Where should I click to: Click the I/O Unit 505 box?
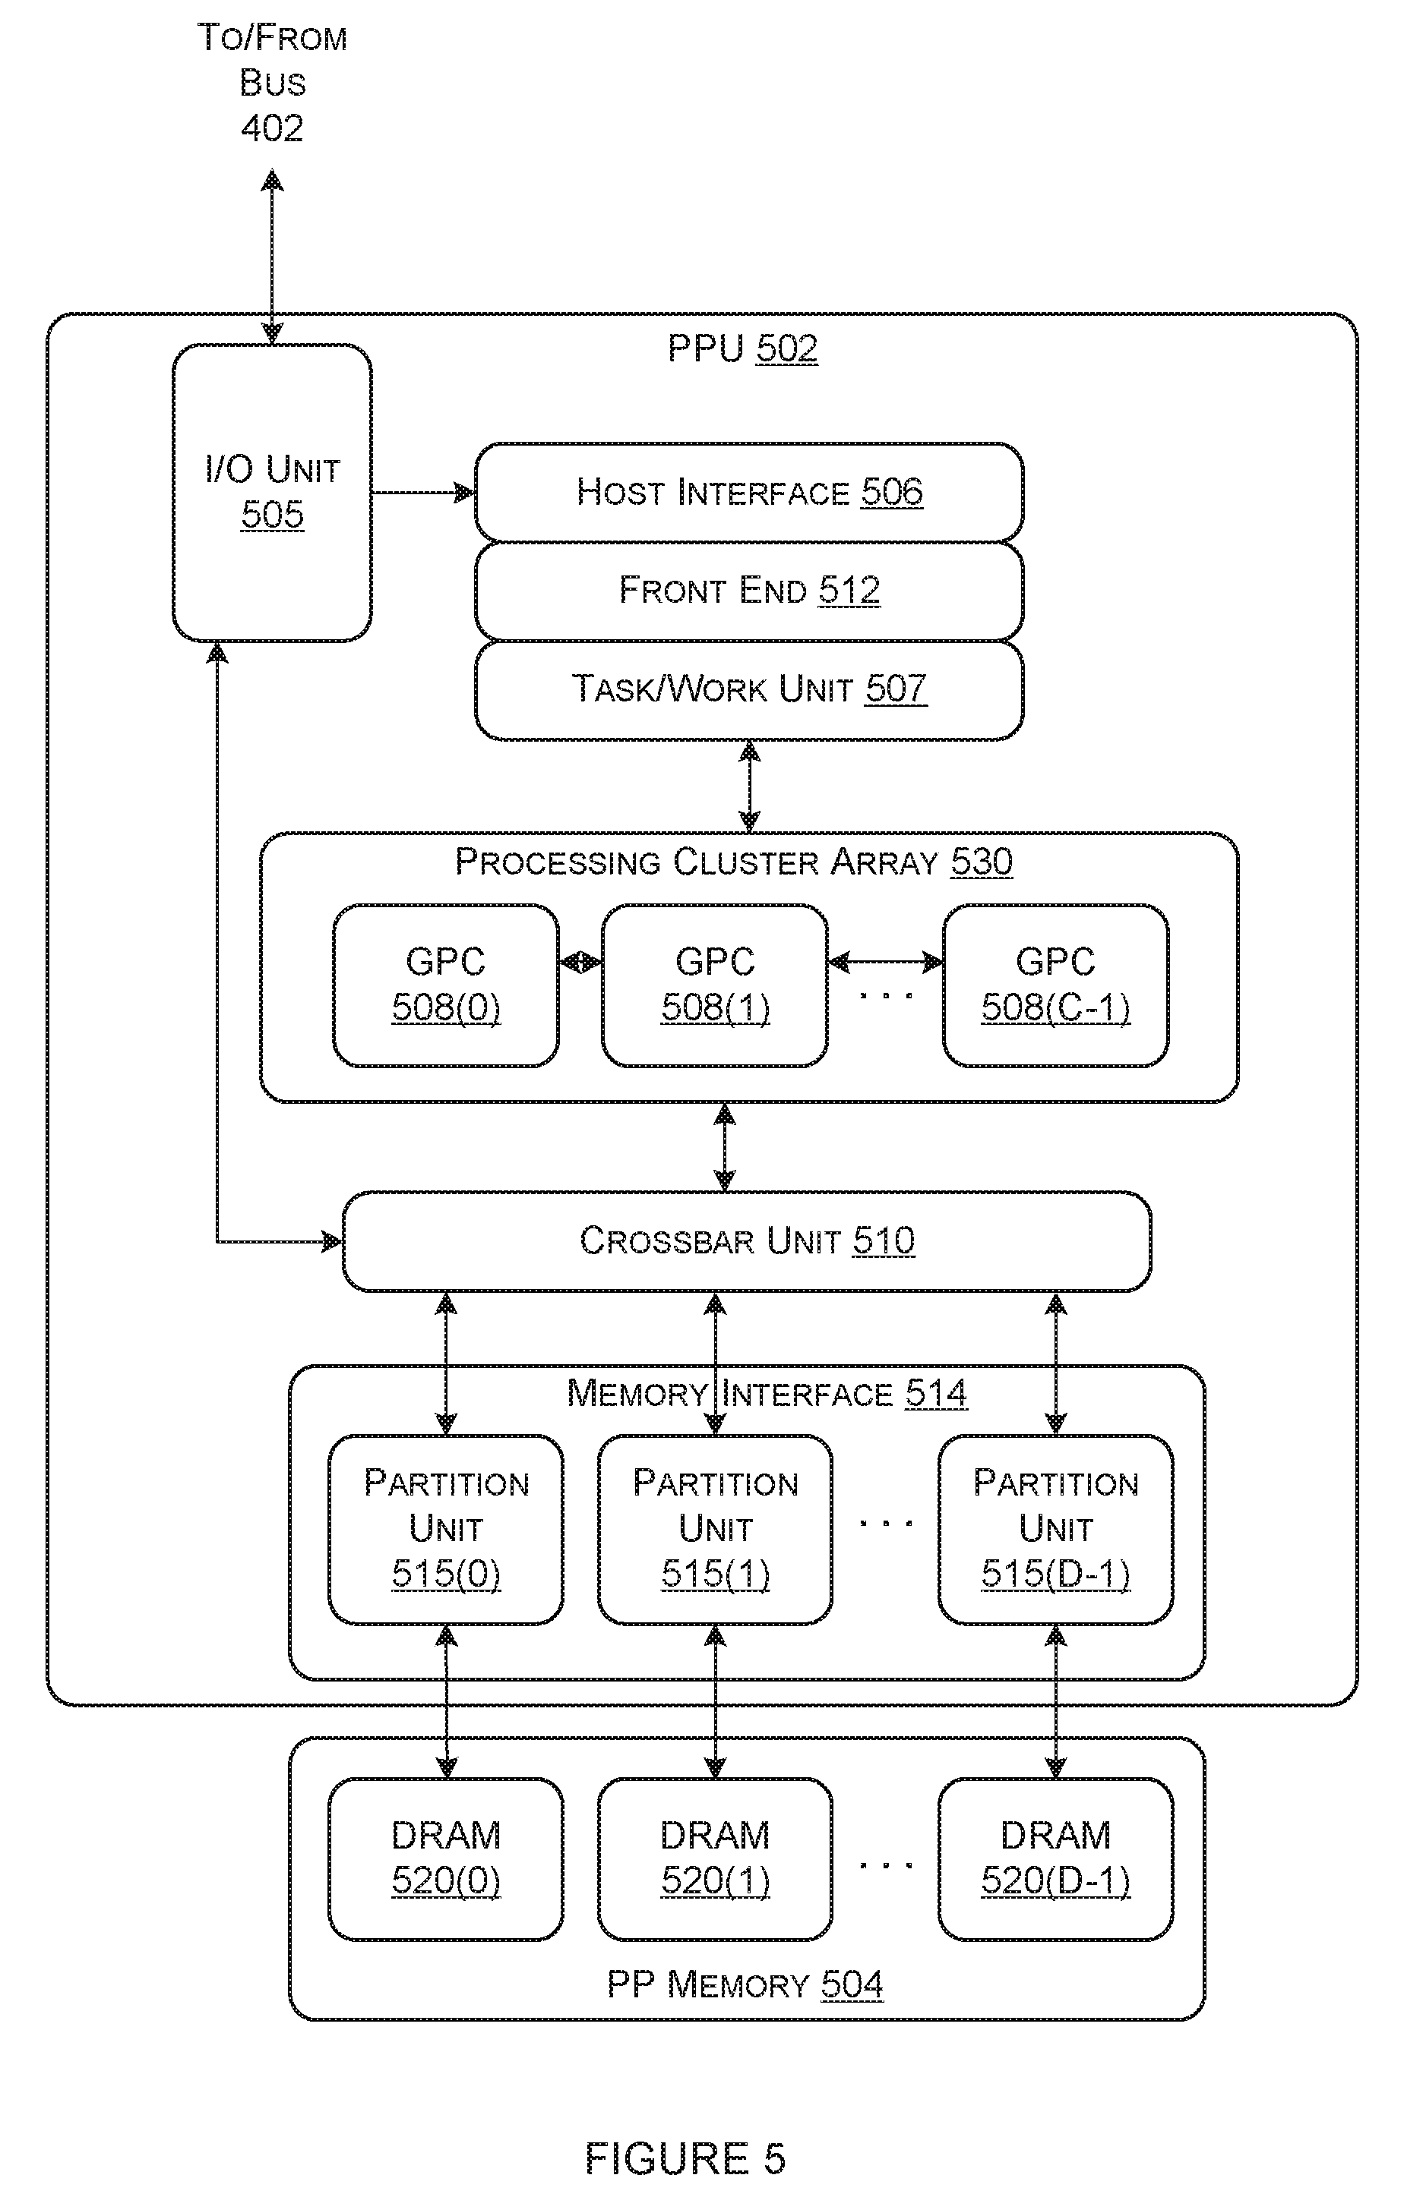(x=272, y=493)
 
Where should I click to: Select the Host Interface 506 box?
(x=748, y=493)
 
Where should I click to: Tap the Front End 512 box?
(x=748, y=591)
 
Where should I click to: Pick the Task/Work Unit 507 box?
(x=748, y=690)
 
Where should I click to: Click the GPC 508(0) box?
(x=445, y=985)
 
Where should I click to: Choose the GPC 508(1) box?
(x=715, y=985)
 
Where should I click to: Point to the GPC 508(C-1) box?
(x=1055, y=985)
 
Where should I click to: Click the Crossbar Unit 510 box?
(x=747, y=1240)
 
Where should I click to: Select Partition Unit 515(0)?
(x=445, y=1529)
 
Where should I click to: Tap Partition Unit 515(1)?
(x=715, y=1529)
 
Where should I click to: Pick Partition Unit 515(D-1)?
(x=1055, y=1529)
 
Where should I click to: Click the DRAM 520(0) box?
(x=445, y=1858)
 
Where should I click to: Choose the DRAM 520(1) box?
(x=715, y=1858)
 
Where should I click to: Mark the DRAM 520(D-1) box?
(x=1055, y=1858)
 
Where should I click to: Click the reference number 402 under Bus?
(x=272, y=128)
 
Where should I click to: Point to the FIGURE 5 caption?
(x=685, y=2159)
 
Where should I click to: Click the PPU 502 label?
(x=742, y=348)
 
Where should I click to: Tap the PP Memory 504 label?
(x=745, y=1984)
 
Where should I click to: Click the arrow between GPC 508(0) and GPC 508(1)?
(x=580, y=962)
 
